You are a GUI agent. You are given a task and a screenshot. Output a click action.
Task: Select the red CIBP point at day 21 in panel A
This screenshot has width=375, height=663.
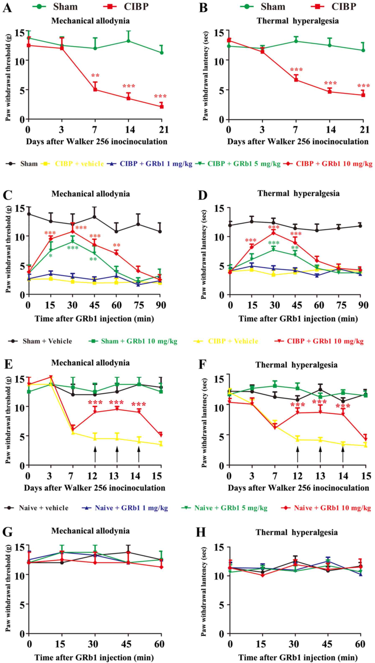click(162, 107)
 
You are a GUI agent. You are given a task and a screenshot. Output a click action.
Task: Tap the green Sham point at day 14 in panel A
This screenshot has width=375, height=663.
click(128, 41)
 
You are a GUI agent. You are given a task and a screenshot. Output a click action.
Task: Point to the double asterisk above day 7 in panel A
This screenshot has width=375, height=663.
click(95, 76)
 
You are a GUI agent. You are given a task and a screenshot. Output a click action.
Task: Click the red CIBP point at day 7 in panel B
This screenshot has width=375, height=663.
click(296, 80)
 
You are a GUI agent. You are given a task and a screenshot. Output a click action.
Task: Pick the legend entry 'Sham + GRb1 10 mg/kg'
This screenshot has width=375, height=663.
click(139, 341)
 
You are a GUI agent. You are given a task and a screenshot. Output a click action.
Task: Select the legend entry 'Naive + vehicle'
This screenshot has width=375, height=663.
click(43, 508)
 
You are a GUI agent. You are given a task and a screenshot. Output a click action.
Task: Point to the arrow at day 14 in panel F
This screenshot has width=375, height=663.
click(343, 455)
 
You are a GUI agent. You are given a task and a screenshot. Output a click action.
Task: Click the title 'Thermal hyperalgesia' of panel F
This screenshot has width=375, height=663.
click(296, 365)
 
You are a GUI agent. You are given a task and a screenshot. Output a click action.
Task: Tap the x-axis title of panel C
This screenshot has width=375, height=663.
click(94, 319)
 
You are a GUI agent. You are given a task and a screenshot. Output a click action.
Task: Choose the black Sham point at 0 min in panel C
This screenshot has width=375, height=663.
click(29, 214)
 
